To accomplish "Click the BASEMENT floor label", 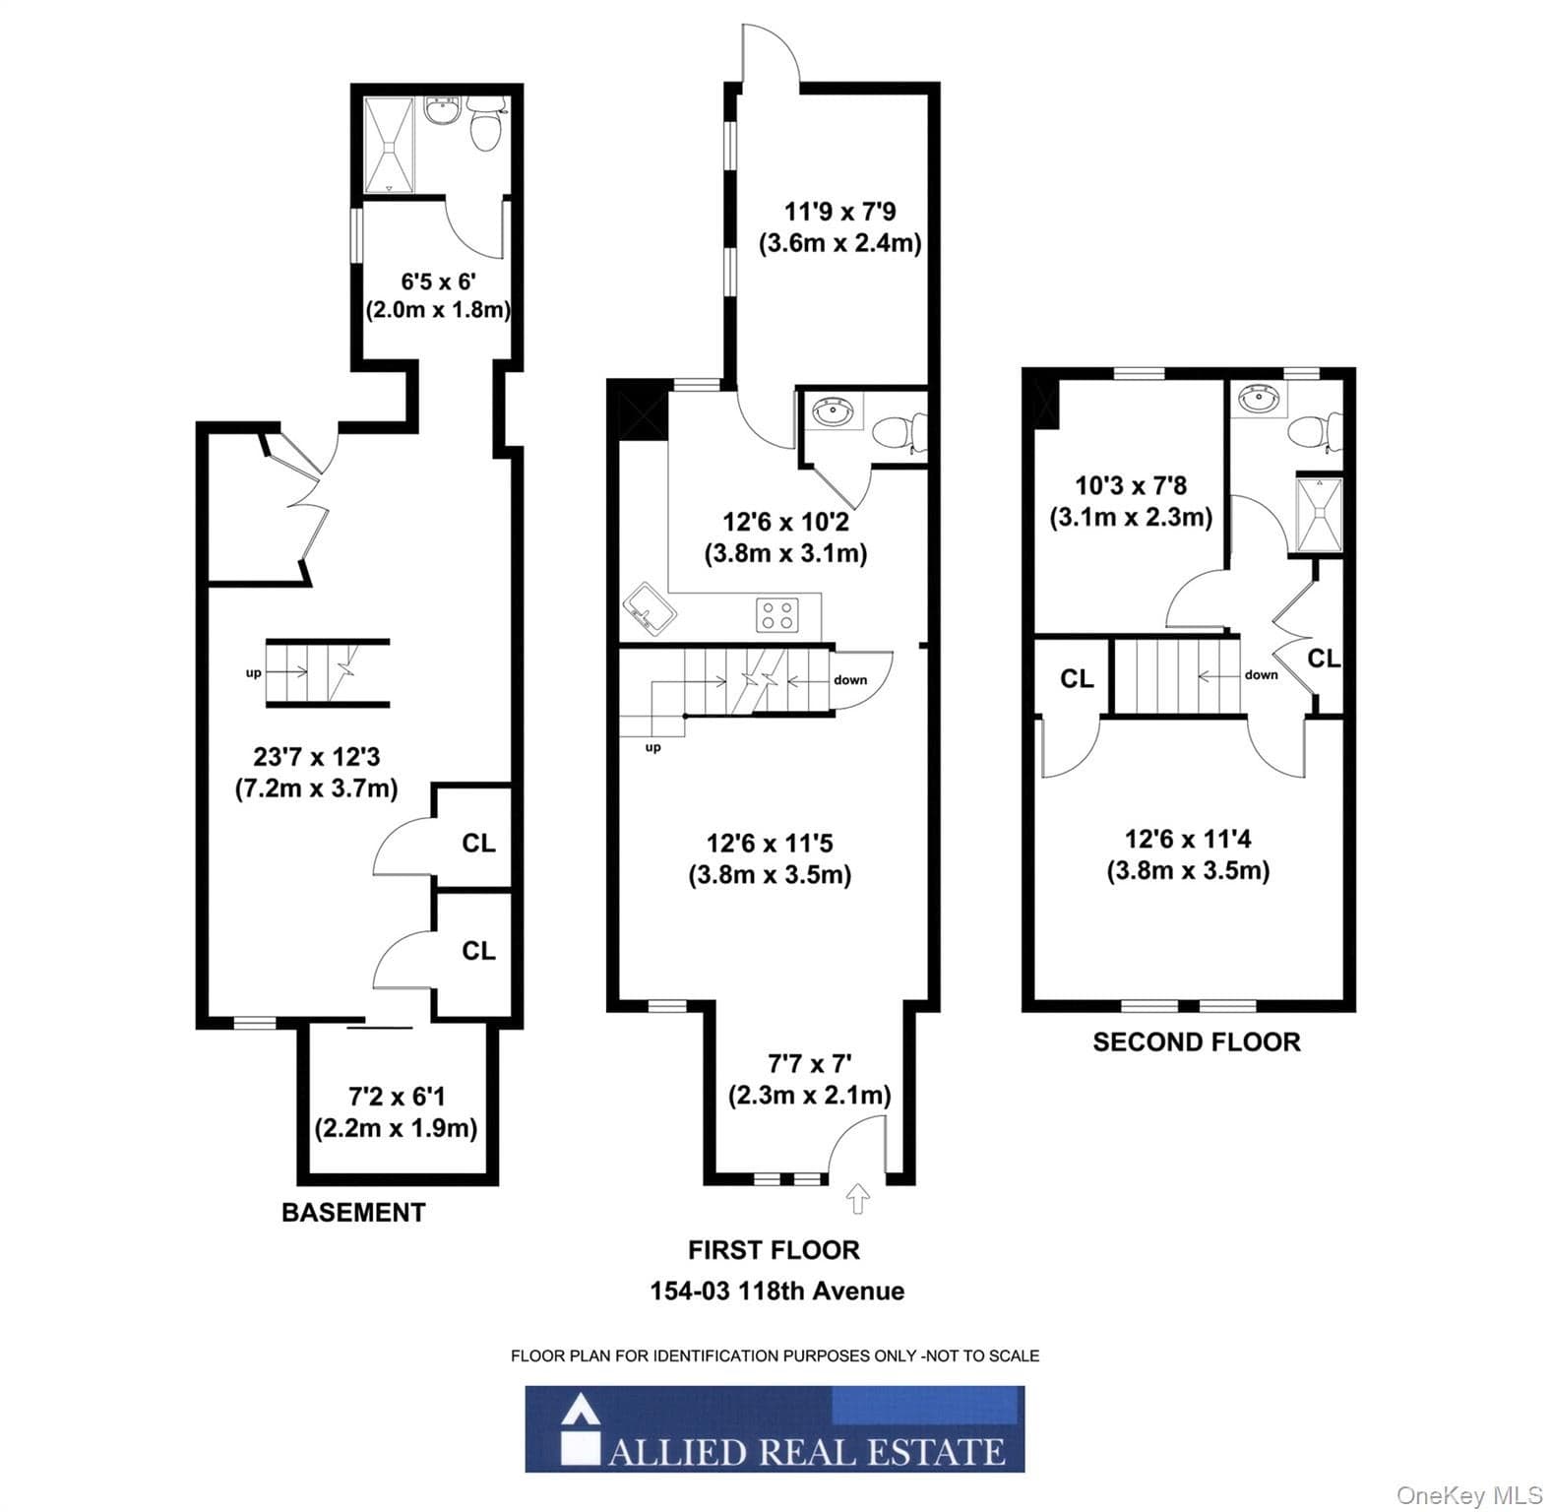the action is click(x=353, y=1212).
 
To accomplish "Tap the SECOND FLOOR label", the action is click(x=1197, y=1041).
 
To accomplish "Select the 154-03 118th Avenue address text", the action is click(x=776, y=1291).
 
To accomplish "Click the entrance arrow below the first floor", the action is click(x=858, y=1199).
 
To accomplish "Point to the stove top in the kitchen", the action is click(x=775, y=616).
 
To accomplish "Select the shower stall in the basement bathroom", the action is click(x=391, y=145).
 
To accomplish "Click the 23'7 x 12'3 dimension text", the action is click(x=316, y=757).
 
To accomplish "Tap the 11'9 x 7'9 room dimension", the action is click(x=839, y=212).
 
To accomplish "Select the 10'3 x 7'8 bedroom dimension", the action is click(x=1130, y=485).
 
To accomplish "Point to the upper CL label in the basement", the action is click(x=478, y=843).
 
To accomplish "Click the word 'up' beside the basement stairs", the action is click(x=254, y=673).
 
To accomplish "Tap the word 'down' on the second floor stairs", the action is click(x=1261, y=674).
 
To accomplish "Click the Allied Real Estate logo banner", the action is click(x=775, y=1428).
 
